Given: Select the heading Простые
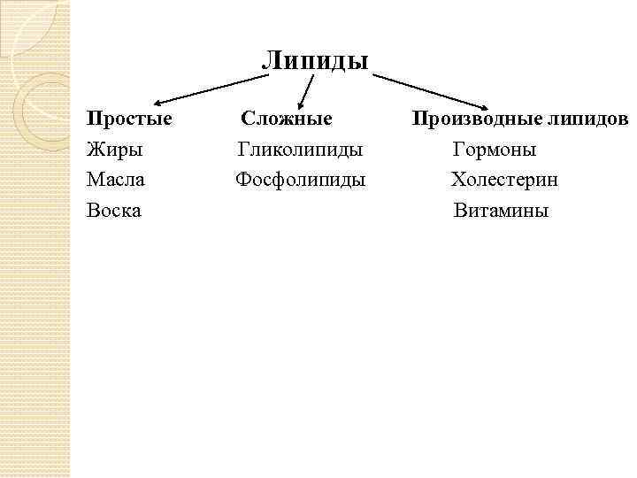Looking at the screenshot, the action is pos(129,119).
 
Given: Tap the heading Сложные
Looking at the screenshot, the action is pos(287,119).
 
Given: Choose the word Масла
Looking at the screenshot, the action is pos(116,180).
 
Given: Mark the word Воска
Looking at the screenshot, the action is pos(114,211).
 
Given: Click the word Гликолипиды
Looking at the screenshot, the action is pos(301,150).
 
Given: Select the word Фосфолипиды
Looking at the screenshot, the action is pos(301,180).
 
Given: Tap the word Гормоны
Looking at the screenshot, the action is pos(495,150).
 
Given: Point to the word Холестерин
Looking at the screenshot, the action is pos(504,180).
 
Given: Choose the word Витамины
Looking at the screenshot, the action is pos(501,211).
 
